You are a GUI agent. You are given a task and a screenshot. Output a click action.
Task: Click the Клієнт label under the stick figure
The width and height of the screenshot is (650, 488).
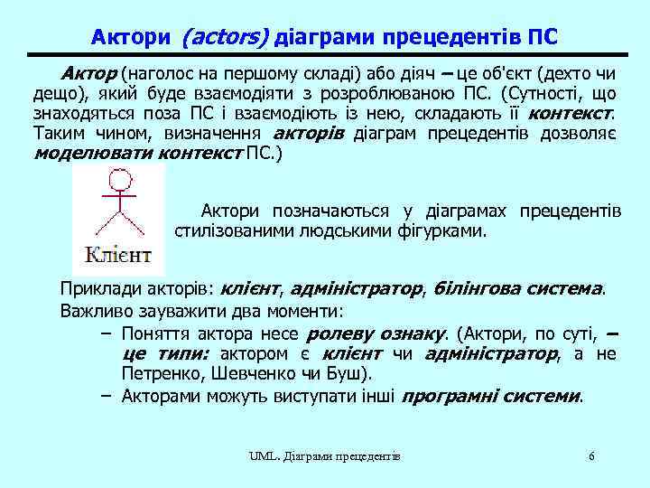[117, 254]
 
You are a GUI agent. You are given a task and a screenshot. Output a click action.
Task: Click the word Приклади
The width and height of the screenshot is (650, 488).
[96, 290]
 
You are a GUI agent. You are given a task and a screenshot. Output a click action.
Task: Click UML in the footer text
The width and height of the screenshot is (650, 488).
[263, 456]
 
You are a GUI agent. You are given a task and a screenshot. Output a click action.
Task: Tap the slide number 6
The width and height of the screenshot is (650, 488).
[591, 455]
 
